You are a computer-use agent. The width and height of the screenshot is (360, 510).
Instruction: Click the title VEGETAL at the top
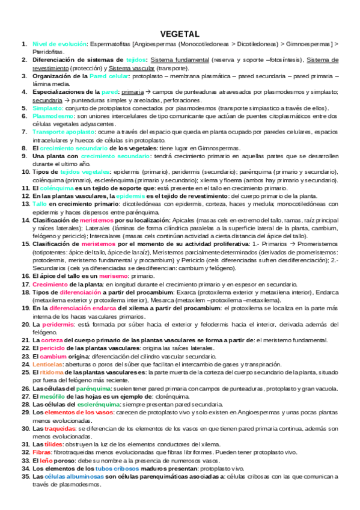tap(180, 34)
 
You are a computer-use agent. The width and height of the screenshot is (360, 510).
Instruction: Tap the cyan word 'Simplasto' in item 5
tap(47, 108)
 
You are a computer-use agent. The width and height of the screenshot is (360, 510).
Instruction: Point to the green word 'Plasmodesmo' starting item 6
tap(53, 115)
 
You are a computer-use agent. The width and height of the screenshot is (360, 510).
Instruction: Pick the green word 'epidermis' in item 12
tap(130, 195)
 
